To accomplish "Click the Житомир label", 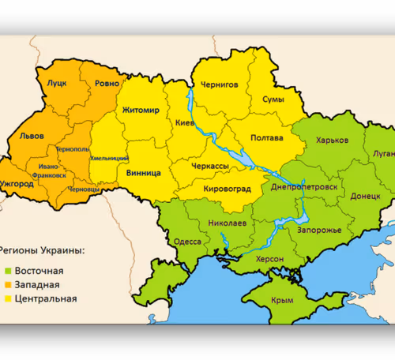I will (141, 110).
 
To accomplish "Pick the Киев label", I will (184, 123).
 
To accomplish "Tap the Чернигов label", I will (219, 84).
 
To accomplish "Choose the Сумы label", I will (274, 99).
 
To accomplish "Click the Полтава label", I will (266, 138).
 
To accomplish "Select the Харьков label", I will (331, 140).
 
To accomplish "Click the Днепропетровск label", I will (303, 186).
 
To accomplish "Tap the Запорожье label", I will (319, 230).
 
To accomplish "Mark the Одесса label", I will (187, 242).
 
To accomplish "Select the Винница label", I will (143, 171).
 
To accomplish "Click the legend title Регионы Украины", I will (43, 250).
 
